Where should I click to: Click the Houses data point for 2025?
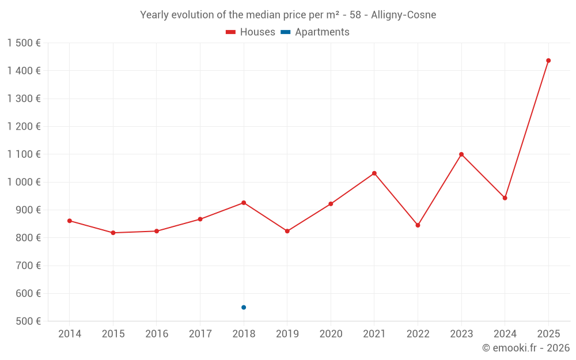tap(548, 60)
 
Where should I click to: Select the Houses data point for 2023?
tap(461, 154)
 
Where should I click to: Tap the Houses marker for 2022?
tap(418, 225)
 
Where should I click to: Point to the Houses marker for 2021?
tap(374, 173)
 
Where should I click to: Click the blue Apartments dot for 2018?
tap(244, 308)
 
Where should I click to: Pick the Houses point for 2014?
tap(70, 221)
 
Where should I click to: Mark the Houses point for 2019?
tap(287, 231)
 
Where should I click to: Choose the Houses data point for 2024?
tap(505, 198)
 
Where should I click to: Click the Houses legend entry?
tap(251, 32)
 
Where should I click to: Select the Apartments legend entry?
tap(316, 32)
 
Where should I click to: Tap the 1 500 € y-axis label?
tap(24, 43)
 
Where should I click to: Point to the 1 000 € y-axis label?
tap(24, 182)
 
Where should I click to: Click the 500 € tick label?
tap(28, 321)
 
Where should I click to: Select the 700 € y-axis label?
tap(28, 266)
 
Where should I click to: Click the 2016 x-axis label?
tap(157, 334)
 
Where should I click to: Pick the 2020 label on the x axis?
tap(331, 334)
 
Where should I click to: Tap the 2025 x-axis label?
tap(548, 334)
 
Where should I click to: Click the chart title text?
tap(288, 15)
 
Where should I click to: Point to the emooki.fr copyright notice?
tap(526, 348)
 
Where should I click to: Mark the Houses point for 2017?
tap(200, 219)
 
